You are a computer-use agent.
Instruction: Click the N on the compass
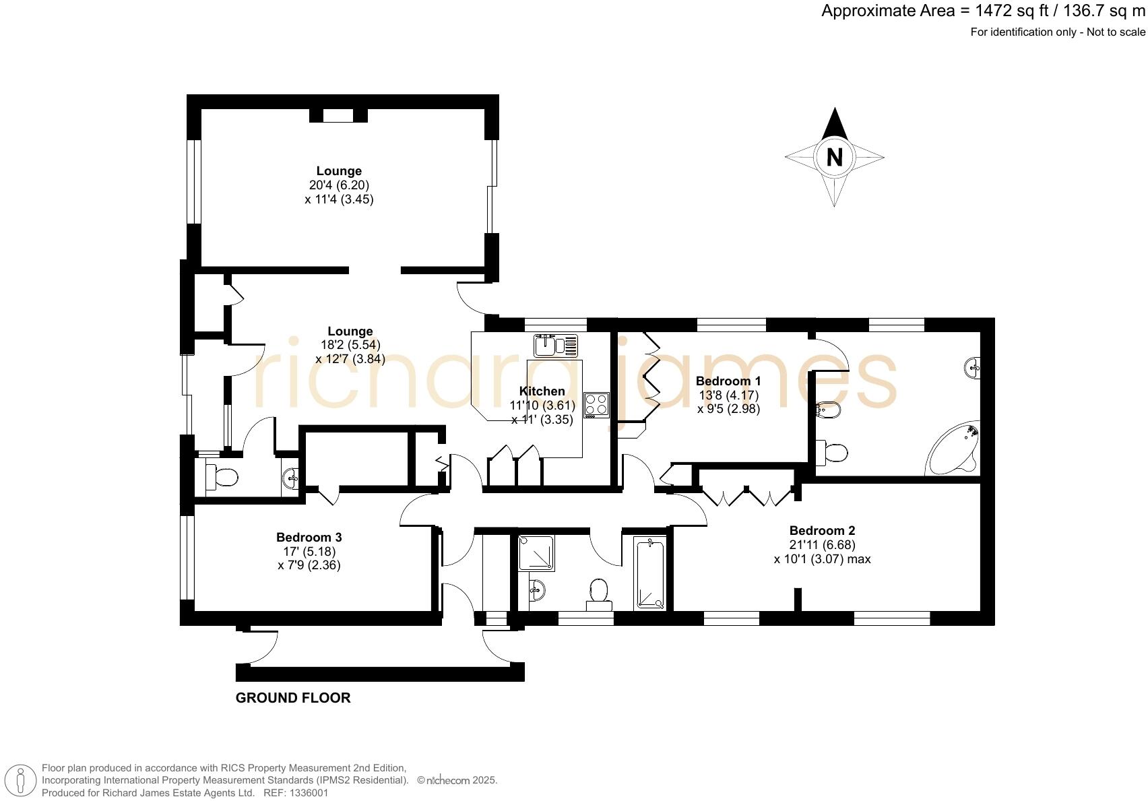coord(834,157)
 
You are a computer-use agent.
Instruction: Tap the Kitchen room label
coord(542,391)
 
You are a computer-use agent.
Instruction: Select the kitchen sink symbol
coord(555,346)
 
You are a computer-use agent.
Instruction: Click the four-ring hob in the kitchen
coord(596,405)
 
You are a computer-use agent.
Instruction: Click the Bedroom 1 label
coord(728,381)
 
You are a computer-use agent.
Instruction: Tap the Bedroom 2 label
coord(822,531)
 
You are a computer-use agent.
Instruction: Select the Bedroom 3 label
coord(309,538)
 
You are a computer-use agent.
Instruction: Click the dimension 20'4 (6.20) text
coord(339,185)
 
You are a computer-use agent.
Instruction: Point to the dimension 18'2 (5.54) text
coord(350,345)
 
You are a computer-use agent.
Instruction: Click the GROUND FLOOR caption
coord(293,698)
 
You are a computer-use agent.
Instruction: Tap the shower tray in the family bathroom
coord(536,553)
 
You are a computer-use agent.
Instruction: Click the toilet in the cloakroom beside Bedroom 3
coord(222,477)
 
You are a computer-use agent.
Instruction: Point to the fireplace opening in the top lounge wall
coord(338,115)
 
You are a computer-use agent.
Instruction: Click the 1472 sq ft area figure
coord(1000,11)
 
